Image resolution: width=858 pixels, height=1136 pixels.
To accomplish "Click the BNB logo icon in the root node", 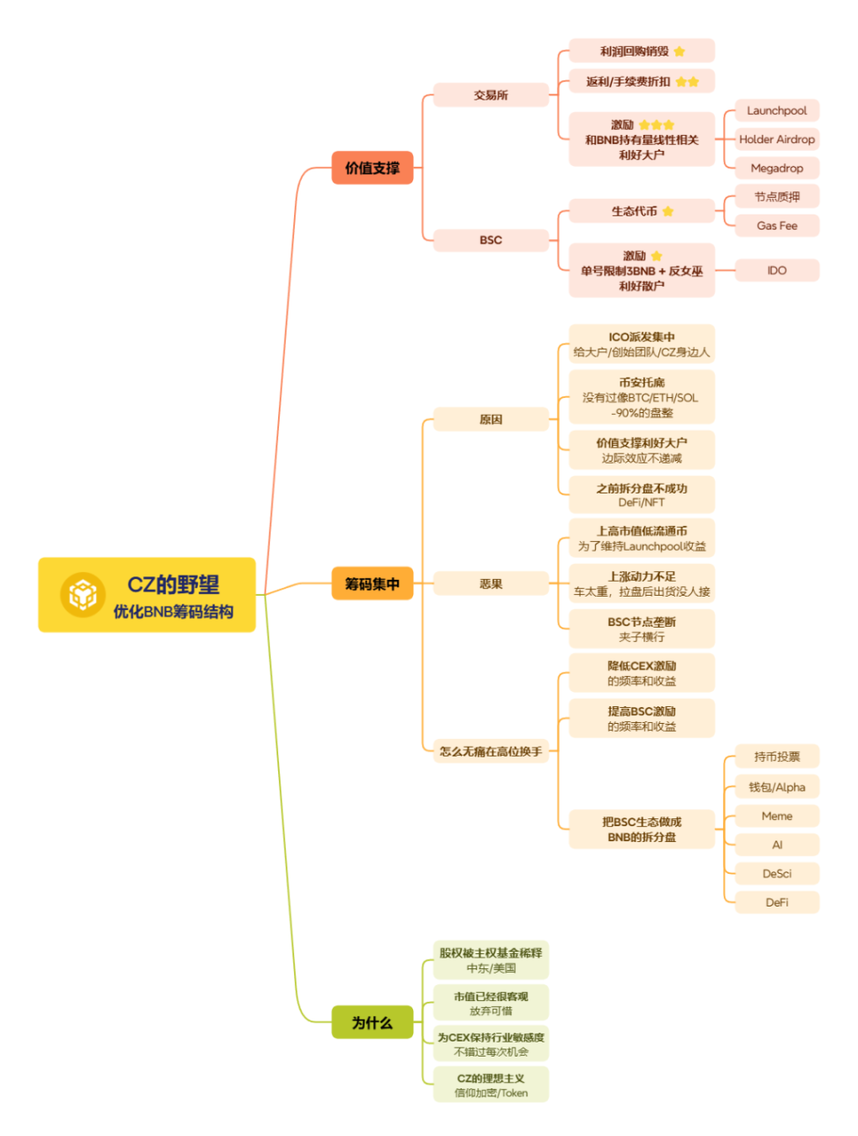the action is click(82, 594).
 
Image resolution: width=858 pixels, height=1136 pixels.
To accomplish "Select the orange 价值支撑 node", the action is click(373, 168).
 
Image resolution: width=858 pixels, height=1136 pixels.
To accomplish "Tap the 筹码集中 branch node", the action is click(373, 583).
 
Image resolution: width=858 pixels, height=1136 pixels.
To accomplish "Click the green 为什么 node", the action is click(373, 1022).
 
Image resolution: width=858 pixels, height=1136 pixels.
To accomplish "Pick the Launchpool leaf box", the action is click(777, 110).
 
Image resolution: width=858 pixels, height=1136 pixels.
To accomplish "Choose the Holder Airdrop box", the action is click(777, 139).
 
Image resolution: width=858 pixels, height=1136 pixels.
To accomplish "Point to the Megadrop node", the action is click(777, 169).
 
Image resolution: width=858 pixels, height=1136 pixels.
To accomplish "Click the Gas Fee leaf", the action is click(777, 226).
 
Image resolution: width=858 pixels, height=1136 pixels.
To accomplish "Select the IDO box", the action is click(777, 270).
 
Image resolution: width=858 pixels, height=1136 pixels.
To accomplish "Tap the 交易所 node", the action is click(491, 94).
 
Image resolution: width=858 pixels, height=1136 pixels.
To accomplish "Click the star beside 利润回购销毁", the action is click(680, 51).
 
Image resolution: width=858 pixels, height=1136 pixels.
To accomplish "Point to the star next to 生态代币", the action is click(668, 211).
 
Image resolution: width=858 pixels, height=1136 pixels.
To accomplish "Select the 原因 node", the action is click(491, 419).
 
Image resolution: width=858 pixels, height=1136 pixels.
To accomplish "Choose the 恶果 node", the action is click(491, 583).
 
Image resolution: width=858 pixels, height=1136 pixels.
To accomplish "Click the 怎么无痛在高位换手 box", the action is click(491, 751).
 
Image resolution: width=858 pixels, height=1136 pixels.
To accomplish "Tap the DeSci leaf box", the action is click(777, 874).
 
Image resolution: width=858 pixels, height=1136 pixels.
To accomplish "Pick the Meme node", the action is click(777, 816).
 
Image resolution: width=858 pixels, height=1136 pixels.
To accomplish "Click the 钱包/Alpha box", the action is click(777, 787).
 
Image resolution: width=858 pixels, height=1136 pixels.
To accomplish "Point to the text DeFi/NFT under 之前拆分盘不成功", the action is click(641, 502).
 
